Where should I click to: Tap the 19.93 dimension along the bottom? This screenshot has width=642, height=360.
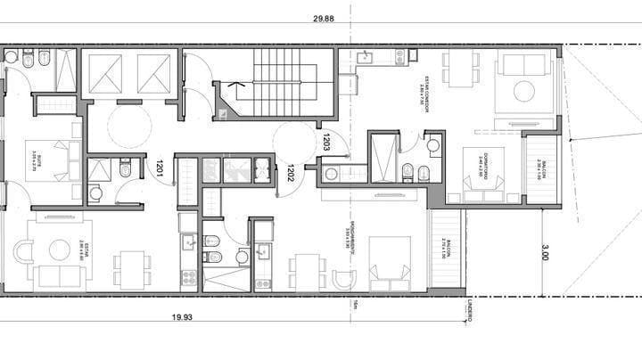pyautogui.click(x=182, y=315)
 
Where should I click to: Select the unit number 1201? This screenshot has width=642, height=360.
pyautogui.click(x=159, y=167)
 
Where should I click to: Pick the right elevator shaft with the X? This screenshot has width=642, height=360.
pyautogui.click(x=153, y=72)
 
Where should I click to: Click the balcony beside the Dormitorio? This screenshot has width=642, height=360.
pyautogui.click(x=540, y=170)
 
